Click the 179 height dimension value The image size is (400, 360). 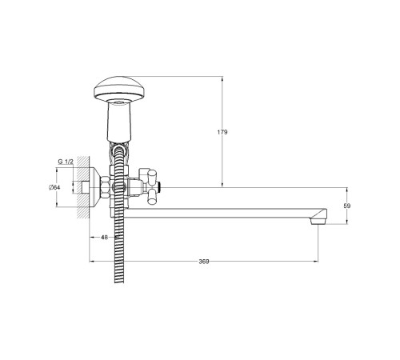pos(222,132)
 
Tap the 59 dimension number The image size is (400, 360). pos(347,206)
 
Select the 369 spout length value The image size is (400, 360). pos(204,262)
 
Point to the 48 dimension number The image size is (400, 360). pos(105,238)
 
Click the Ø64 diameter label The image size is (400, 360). pos(54,187)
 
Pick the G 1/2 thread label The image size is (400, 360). pos(66,162)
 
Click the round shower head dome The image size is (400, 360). pos(119,90)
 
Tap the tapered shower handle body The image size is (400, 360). pos(119,122)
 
